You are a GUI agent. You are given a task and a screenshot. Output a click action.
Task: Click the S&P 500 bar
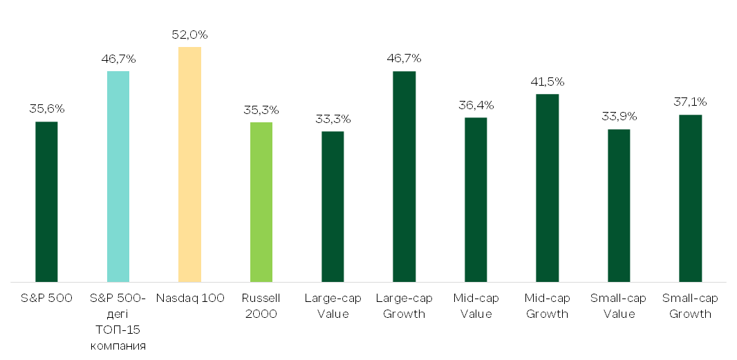tap(46, 202)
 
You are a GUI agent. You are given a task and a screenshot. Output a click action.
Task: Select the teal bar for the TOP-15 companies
tap(118, 177)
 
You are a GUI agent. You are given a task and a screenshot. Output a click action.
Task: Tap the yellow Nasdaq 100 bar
tap(190, 164)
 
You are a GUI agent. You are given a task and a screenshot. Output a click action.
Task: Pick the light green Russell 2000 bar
tap(261, 202)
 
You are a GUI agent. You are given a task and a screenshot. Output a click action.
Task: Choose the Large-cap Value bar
tap(333, 207)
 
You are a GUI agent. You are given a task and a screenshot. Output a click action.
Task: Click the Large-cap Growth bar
tap(404, 177)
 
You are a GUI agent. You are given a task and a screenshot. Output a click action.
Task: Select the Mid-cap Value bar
tap(476, 200)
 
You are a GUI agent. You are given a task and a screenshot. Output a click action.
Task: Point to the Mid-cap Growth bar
tap(548, 188)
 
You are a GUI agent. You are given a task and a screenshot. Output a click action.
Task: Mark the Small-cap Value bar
tap(619, 206)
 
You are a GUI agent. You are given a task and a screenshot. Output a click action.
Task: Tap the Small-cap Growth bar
tap(691, 198)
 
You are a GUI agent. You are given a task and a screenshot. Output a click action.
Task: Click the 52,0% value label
tap(190, 35)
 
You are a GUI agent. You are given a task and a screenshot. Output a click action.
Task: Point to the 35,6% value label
tap(46, 109)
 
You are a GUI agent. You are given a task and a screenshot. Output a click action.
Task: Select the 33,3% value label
tap(333, 120)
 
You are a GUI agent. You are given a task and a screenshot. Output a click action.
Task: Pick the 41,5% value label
tap(548, 82)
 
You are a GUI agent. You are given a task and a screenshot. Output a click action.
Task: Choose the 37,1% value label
tap(691, 102)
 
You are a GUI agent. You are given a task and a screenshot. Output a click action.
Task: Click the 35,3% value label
tap(261, 111)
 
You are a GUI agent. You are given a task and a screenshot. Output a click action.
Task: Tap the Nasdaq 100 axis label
tap(190, 299)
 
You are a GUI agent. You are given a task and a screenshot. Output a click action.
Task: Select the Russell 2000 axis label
tap(261, 306)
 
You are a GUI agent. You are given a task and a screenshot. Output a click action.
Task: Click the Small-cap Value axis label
tap(619, 306)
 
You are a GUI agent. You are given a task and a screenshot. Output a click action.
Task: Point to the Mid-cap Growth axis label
tap(548, 306)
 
